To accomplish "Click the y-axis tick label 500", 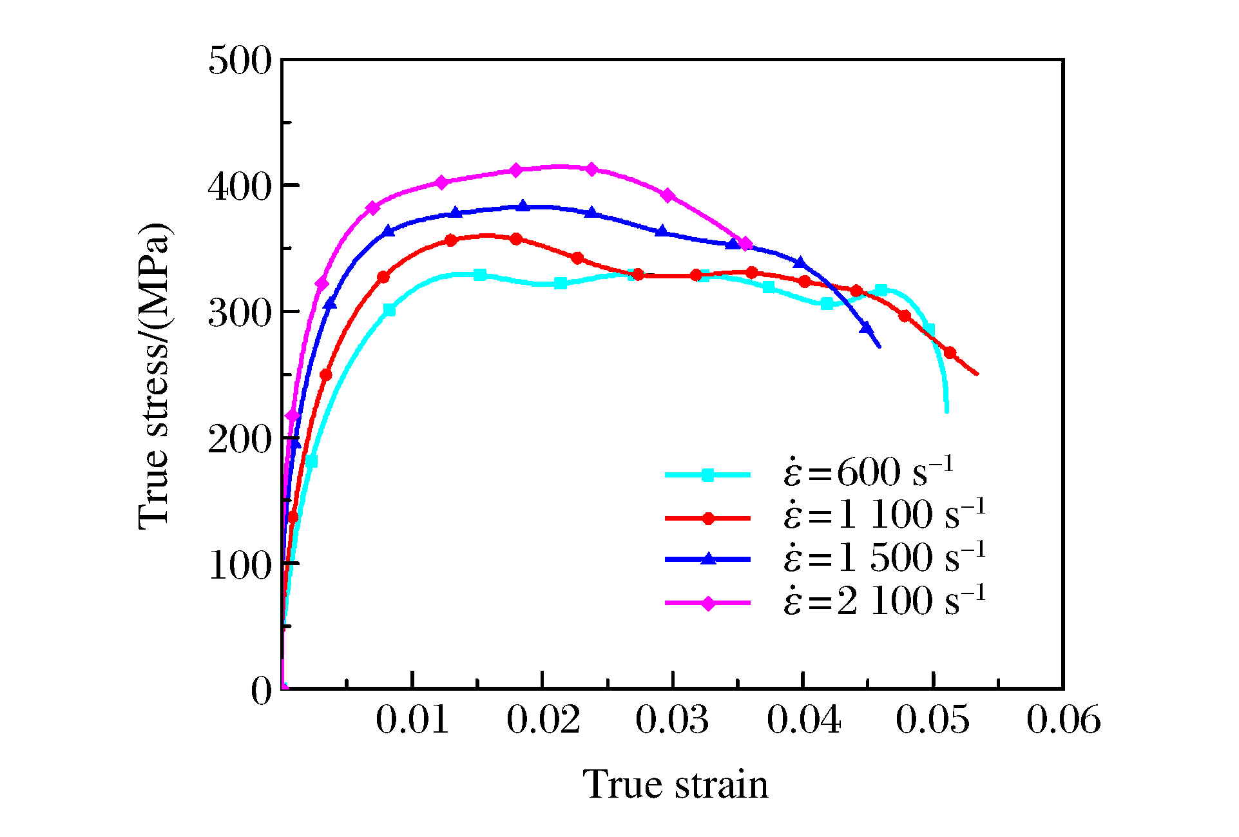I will [x=240, y=63].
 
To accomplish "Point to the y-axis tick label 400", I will [x=240, y=188].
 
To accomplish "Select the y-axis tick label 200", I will [x=240, y=441].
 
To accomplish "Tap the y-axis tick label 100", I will [x=240, y=566].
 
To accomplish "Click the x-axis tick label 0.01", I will [x=412, y=720].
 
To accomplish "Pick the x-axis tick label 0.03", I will [x=672, y=720].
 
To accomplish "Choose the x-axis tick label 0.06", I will [x=1063, y=720].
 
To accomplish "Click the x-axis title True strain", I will [x=675, y=785].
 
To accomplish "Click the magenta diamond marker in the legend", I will [x=708, y=604].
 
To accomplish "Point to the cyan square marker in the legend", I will [x=708, y=476].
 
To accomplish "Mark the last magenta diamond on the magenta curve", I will [x=745, y=244].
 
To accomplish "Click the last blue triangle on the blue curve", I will [x=867, y=329].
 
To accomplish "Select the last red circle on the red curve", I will [x=950, y=352].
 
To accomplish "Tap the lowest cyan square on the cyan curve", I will [x=312, y=461].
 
